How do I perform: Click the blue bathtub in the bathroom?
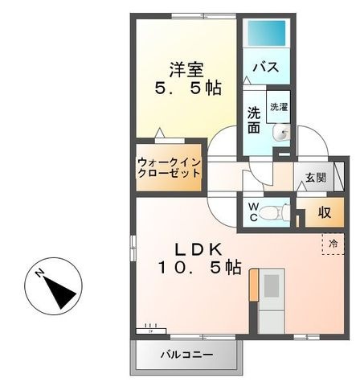(x=267, y=33)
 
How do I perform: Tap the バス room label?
(x=266, y=67)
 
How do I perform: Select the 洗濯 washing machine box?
(x=279, y=107)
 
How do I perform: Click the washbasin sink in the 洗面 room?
(x=281, y=133)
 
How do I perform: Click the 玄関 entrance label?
(x=316, y=178)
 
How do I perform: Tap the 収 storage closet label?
(x=325, y=212)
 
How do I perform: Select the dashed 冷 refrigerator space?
(x=333, y=244)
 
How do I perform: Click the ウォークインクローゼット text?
(x=169, y=168)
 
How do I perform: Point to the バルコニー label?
(x=186, y=355)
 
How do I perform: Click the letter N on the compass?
(x=39, y=273)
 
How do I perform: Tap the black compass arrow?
(x=59, y=293)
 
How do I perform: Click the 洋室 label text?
(x=186, y=70)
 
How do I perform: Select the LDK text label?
(x=198, y=250)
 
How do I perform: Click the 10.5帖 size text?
(x=200, y=267)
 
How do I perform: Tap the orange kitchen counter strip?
(x=254, y=285)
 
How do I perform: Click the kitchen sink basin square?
(x=272, y=285)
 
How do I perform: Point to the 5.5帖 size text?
(x=188, y=88)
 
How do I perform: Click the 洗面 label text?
(x=253, y=120)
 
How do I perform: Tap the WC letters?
(x=252, y=212)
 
